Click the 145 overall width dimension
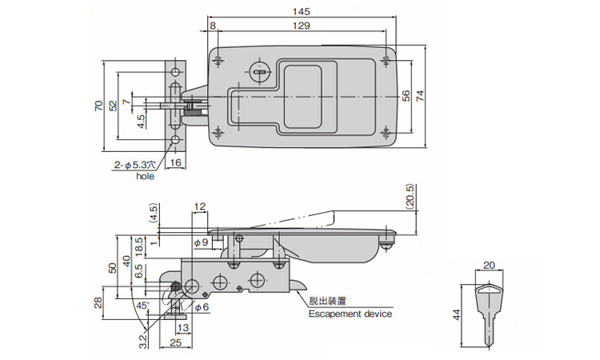tap(301, 12)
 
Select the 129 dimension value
tap(301, 26)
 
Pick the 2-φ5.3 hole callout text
tap(137, 166)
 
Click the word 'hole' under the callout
tap(145, 176)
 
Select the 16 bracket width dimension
tap(177, 162)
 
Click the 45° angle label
tap(142, 306)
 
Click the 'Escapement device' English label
tap(350, 314)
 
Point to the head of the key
tap(488, 293)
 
